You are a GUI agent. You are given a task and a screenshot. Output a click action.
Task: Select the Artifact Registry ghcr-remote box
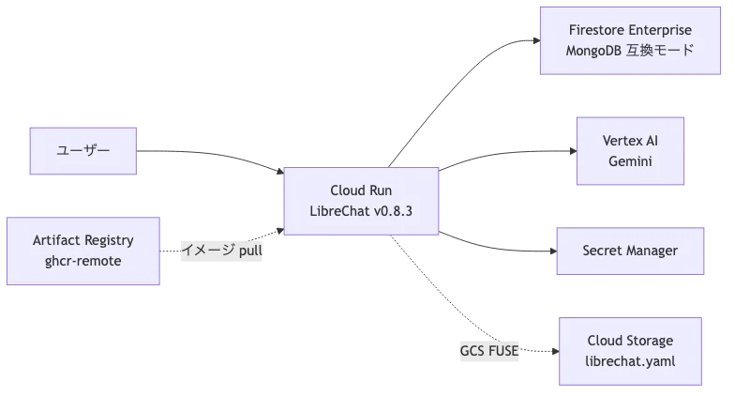point(82,251)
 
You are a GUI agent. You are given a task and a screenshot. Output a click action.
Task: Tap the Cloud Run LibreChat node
point(361,201)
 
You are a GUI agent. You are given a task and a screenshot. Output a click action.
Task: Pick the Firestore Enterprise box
point(630,39)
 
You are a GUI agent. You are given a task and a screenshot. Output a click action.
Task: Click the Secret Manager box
point(630,251)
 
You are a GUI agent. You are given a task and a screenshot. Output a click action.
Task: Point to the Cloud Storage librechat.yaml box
point(630,352)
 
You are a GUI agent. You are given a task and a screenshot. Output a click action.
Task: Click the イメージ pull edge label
point(221,251)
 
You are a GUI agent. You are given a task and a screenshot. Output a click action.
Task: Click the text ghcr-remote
point(82,262)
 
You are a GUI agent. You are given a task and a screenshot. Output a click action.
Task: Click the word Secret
point(606,251)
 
